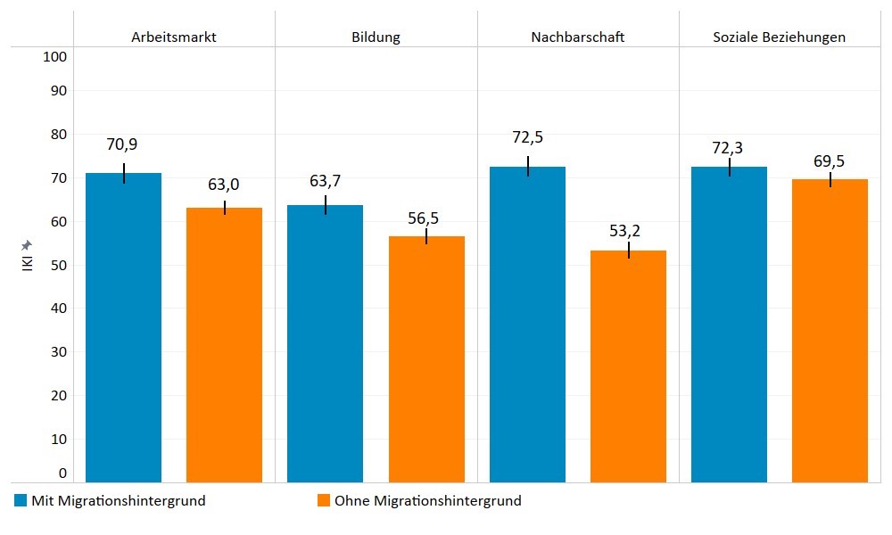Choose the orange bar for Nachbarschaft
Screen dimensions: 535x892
pos(628,366)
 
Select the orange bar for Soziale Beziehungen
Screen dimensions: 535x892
pos(830,330)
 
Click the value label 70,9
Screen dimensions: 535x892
pos(121,144)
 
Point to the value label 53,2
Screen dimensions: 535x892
pos(624,231)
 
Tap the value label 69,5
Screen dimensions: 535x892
pos(828,161)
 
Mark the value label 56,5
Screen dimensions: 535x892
pos(423,218)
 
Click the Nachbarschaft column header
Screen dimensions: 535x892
pos(577,37)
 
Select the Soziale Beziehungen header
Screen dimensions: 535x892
pos(779,37)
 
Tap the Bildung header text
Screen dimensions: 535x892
pos(376,37)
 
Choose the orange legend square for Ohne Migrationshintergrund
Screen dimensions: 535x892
pos(324,501)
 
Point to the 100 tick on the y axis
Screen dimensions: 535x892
pos(55,57)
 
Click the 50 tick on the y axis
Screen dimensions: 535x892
pos(59,266)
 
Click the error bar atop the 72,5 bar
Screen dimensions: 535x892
pos(528,166)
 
